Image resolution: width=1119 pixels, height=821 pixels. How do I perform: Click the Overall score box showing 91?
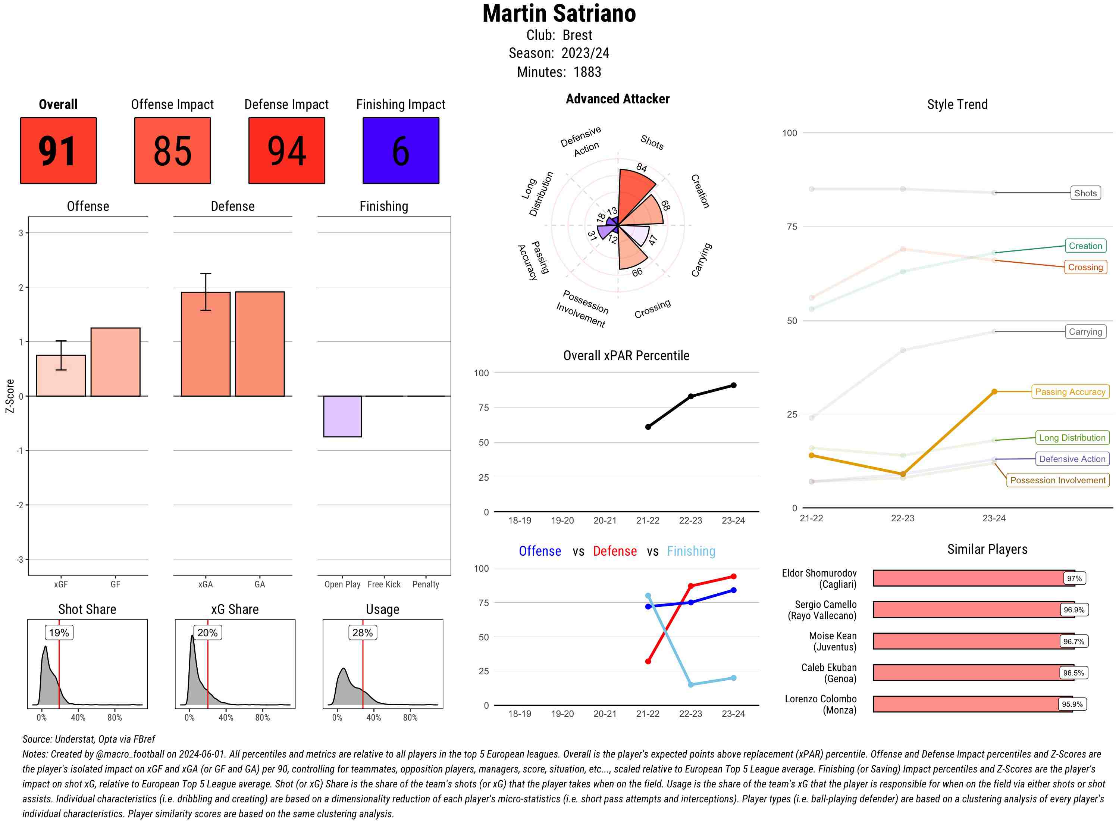58,151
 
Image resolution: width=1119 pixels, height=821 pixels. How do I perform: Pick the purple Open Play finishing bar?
342,416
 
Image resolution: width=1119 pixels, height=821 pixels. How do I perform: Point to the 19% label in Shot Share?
59,633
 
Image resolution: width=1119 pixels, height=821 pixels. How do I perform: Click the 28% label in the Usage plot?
362,633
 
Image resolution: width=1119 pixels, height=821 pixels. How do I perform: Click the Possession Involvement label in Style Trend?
1057,480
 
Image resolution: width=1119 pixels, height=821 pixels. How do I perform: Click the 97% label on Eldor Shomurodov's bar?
1074,578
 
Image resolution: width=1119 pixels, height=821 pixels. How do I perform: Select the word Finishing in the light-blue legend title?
691,551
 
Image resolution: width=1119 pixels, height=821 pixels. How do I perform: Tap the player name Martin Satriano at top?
559,14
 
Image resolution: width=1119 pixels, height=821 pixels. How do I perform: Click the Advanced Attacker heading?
617,99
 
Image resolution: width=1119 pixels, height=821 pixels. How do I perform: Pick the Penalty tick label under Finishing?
426,584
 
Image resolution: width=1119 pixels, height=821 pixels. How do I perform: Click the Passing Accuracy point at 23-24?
994,391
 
